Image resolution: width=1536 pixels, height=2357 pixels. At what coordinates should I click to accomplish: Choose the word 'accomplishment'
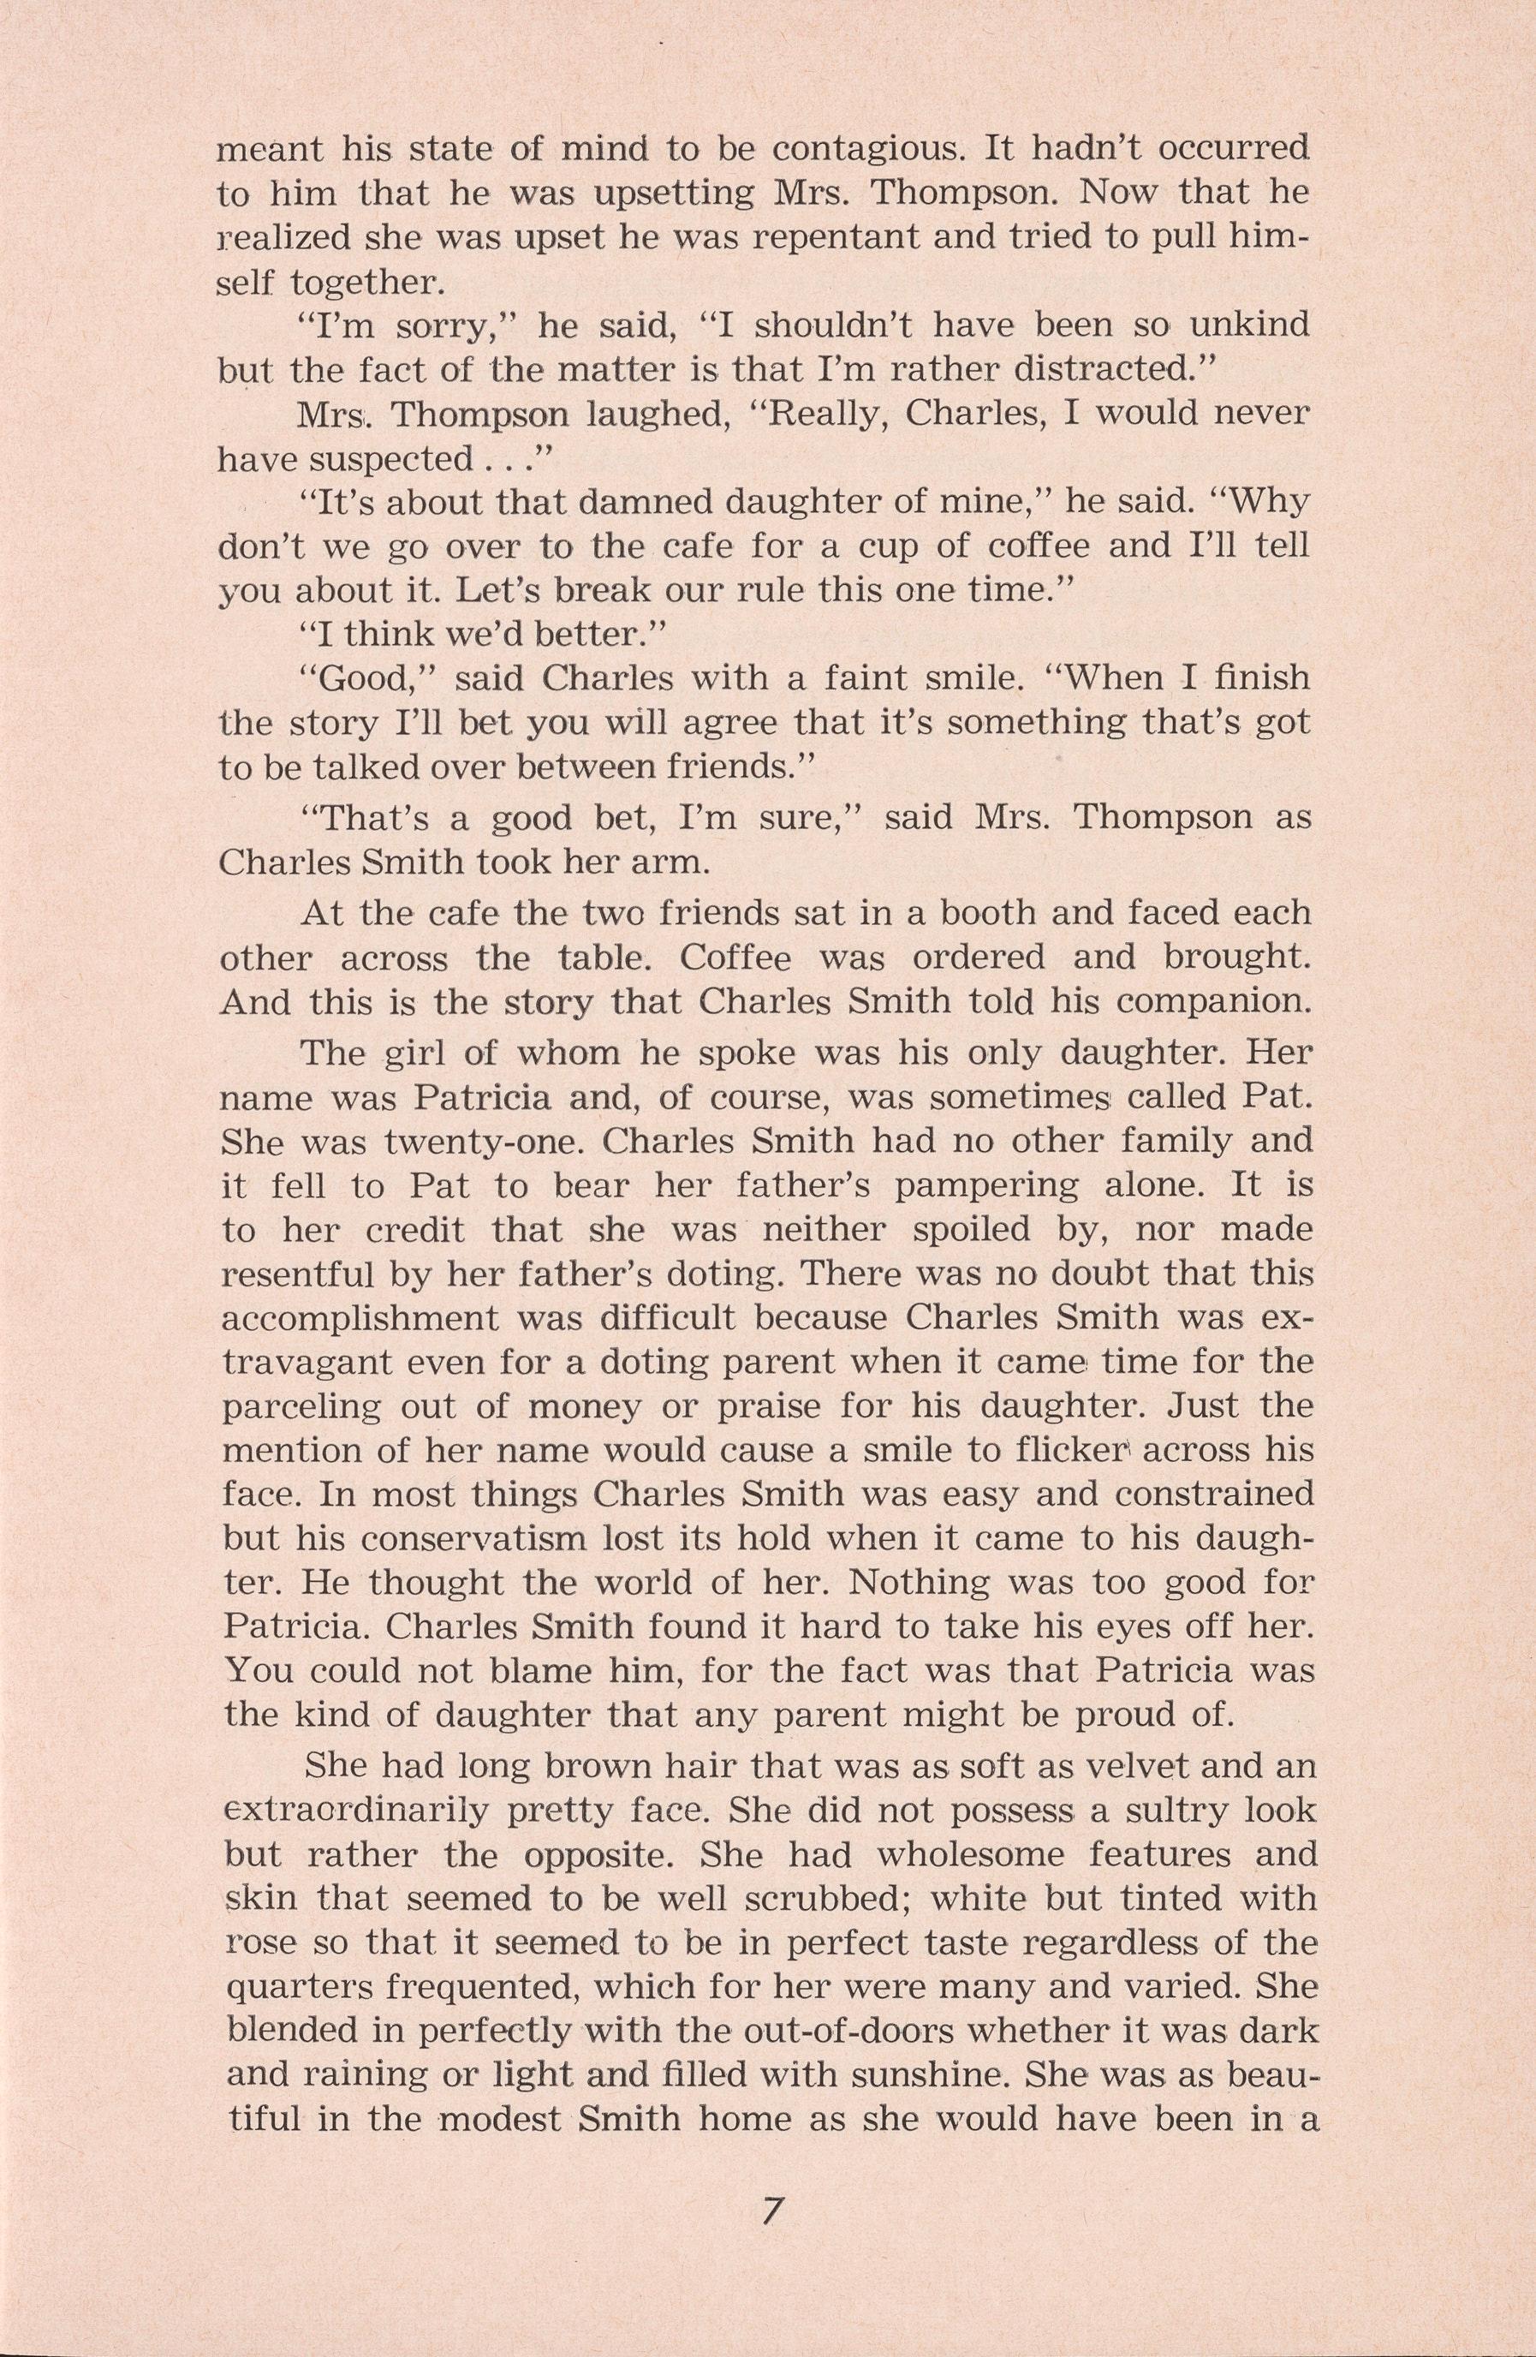[359, 1318]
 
